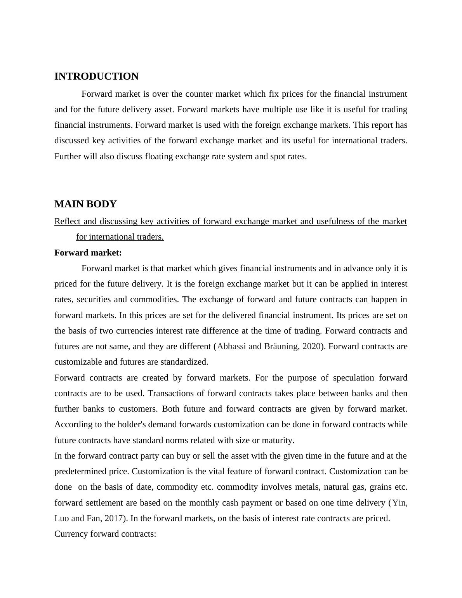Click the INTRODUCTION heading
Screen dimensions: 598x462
96,76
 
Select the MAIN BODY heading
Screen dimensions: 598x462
85,204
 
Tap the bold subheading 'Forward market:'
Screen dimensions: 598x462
88,253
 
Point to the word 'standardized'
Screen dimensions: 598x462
184,362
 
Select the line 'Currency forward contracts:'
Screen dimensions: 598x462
105,534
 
